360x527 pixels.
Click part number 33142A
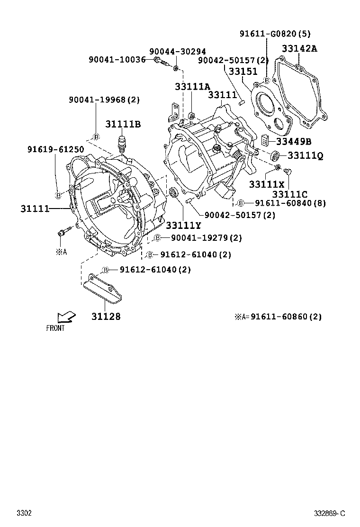(300, 48)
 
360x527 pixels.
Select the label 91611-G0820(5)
(275, 34)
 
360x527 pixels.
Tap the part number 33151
(243, 72)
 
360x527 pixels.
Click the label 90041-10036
(117, 60)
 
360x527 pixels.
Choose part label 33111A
(192, 87)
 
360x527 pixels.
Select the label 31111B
(123, 124)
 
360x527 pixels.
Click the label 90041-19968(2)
(104, 100)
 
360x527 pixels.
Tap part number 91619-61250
(55, 149)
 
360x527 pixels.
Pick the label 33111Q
(305, 155)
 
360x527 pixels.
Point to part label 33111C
(290, 193)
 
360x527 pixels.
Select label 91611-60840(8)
(290, 203)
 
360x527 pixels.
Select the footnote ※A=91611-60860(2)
(278, 317)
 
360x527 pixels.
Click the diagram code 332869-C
(330, 513)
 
